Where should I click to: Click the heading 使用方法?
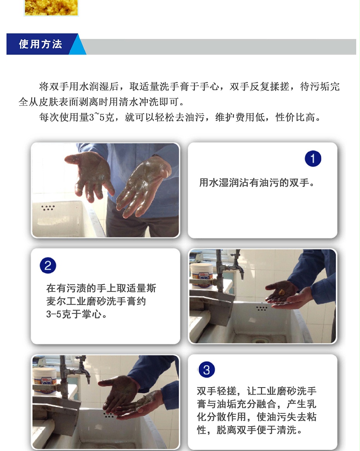click(x=41, y=44)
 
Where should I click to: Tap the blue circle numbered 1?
click(x=313, y=159)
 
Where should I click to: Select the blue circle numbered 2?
click(x=48, y=266)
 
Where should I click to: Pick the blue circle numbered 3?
click(x=206, y=370)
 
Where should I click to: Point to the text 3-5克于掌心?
click(x=77, y=314)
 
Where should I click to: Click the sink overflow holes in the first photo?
click(x=48, y=208)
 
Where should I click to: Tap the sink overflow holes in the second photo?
click(x=262, y=308)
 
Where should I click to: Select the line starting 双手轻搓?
click(x=257, y=391)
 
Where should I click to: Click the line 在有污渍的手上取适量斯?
click(x=101, y=288)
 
